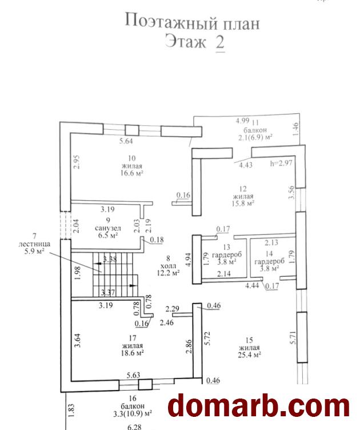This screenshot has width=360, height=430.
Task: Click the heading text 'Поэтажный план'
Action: click(192, 23)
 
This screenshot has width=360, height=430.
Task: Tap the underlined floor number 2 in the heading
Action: click(219, 43)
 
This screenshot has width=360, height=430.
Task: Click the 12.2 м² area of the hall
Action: click(168, 273)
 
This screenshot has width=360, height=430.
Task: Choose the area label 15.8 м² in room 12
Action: click(242, 202)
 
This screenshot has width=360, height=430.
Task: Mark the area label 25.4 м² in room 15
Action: click(249, 355)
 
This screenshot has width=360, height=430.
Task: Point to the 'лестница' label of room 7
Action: click(34, 242)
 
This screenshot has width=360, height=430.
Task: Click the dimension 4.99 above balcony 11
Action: click(243, 121)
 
